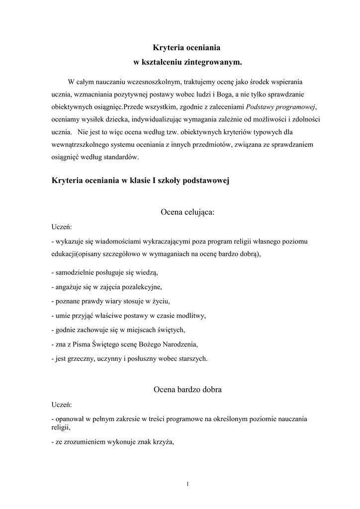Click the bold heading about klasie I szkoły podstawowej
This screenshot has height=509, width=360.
pyautogui.click(x=140, y=181)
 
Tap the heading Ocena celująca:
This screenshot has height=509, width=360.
pyautogui.click(x=187, y=212)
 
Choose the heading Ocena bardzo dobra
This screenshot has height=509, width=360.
pyautogui.click(x=187, y=390)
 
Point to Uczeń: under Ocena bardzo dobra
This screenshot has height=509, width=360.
pyautogui.click(x=62, y=405)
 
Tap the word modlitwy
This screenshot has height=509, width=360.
pyautogui.click(x=191, y=316)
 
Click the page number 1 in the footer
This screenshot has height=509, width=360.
pyautogui.click(x=187, y=484)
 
